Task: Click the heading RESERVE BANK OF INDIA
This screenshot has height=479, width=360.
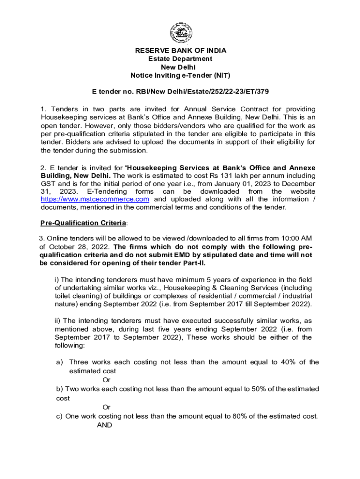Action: (x=180, y=51)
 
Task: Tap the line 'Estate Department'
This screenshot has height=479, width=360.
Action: (x=180, y=59)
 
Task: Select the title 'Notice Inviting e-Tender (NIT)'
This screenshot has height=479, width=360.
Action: (x=180, y=76)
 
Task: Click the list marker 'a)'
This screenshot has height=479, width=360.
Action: (x=59, y=362)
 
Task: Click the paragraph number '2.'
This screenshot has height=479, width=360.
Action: (x=43, y=168)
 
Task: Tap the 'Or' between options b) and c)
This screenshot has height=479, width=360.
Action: (x=106, y=407)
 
